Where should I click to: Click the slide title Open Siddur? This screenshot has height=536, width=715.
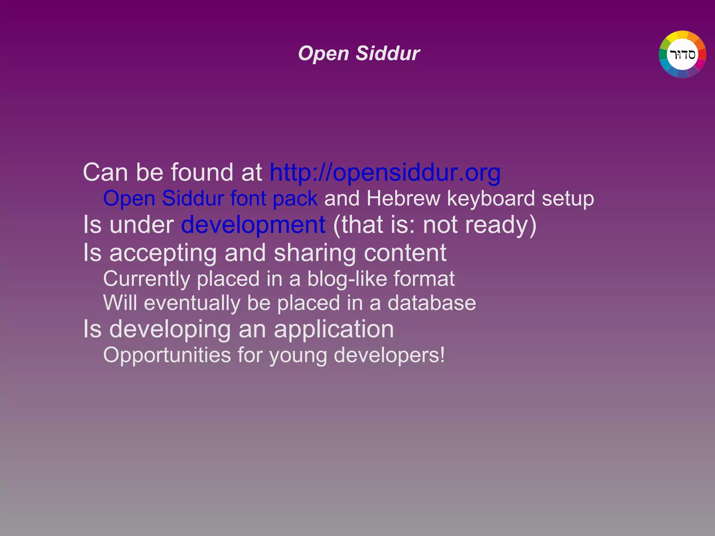[x=359, y=54]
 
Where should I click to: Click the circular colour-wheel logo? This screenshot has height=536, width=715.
[x=682, y=54]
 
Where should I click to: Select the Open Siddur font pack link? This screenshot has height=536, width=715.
[x=210, y=198]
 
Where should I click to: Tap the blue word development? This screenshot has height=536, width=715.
[x=253, y=225]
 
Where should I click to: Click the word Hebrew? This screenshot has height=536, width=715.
[x=403, y=198]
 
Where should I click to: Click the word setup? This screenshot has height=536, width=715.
[x=568, y=198]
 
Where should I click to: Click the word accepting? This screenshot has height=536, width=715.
[x=163, y=253]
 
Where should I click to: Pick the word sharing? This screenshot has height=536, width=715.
[x=315, y=253]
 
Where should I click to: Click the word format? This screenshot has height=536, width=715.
[x=424, y=279]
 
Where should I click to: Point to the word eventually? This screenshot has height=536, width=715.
[x=192, y=303]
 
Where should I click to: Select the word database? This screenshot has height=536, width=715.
[x=432, y=303]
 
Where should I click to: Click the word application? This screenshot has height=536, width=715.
[x=334, y=329]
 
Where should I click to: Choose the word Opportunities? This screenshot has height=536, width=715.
[x=167, y=355]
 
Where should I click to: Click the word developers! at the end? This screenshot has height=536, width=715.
[x=389, y=355]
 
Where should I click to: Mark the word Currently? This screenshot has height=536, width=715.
[x=147, y=279]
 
